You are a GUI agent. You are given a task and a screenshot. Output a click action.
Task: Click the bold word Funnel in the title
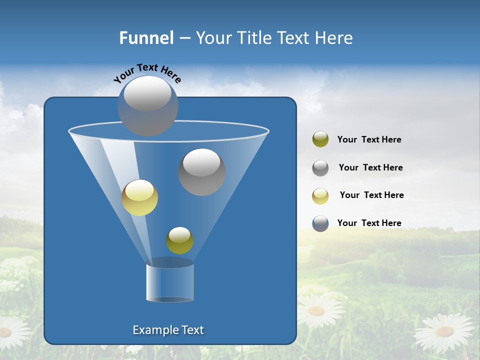[x=146, y=38]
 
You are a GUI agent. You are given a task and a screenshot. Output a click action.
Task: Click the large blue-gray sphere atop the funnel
[x=148, y=105]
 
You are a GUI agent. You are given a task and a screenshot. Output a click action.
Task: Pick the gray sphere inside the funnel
[x=202, y=172]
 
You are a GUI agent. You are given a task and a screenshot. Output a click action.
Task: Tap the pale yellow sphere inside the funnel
[x=140, y=197]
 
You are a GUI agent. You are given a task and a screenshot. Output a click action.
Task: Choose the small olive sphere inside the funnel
[x=179, y=240]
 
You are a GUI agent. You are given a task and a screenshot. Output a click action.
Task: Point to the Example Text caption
[x=168, y=330]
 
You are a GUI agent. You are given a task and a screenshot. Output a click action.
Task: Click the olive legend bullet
[x=320, y=139]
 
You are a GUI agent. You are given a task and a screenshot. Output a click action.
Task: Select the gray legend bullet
[x=320, y=168]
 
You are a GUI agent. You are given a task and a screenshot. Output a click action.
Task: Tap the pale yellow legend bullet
[x=320, y=196]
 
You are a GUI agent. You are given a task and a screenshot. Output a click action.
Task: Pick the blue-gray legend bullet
[x=320, y=223]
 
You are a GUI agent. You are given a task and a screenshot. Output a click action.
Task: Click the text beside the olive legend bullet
[x=369, y=140]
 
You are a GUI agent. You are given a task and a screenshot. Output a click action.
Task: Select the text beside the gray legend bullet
[x=370, y=167]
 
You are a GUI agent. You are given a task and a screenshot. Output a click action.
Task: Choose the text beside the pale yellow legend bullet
[x=371, y=195]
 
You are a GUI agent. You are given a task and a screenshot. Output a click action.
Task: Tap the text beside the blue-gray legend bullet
[x=369, y=223]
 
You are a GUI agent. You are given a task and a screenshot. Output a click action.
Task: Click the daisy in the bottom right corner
[x=444, y=331]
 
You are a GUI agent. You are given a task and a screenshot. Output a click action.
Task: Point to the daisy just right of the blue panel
[x=317, y=310]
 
